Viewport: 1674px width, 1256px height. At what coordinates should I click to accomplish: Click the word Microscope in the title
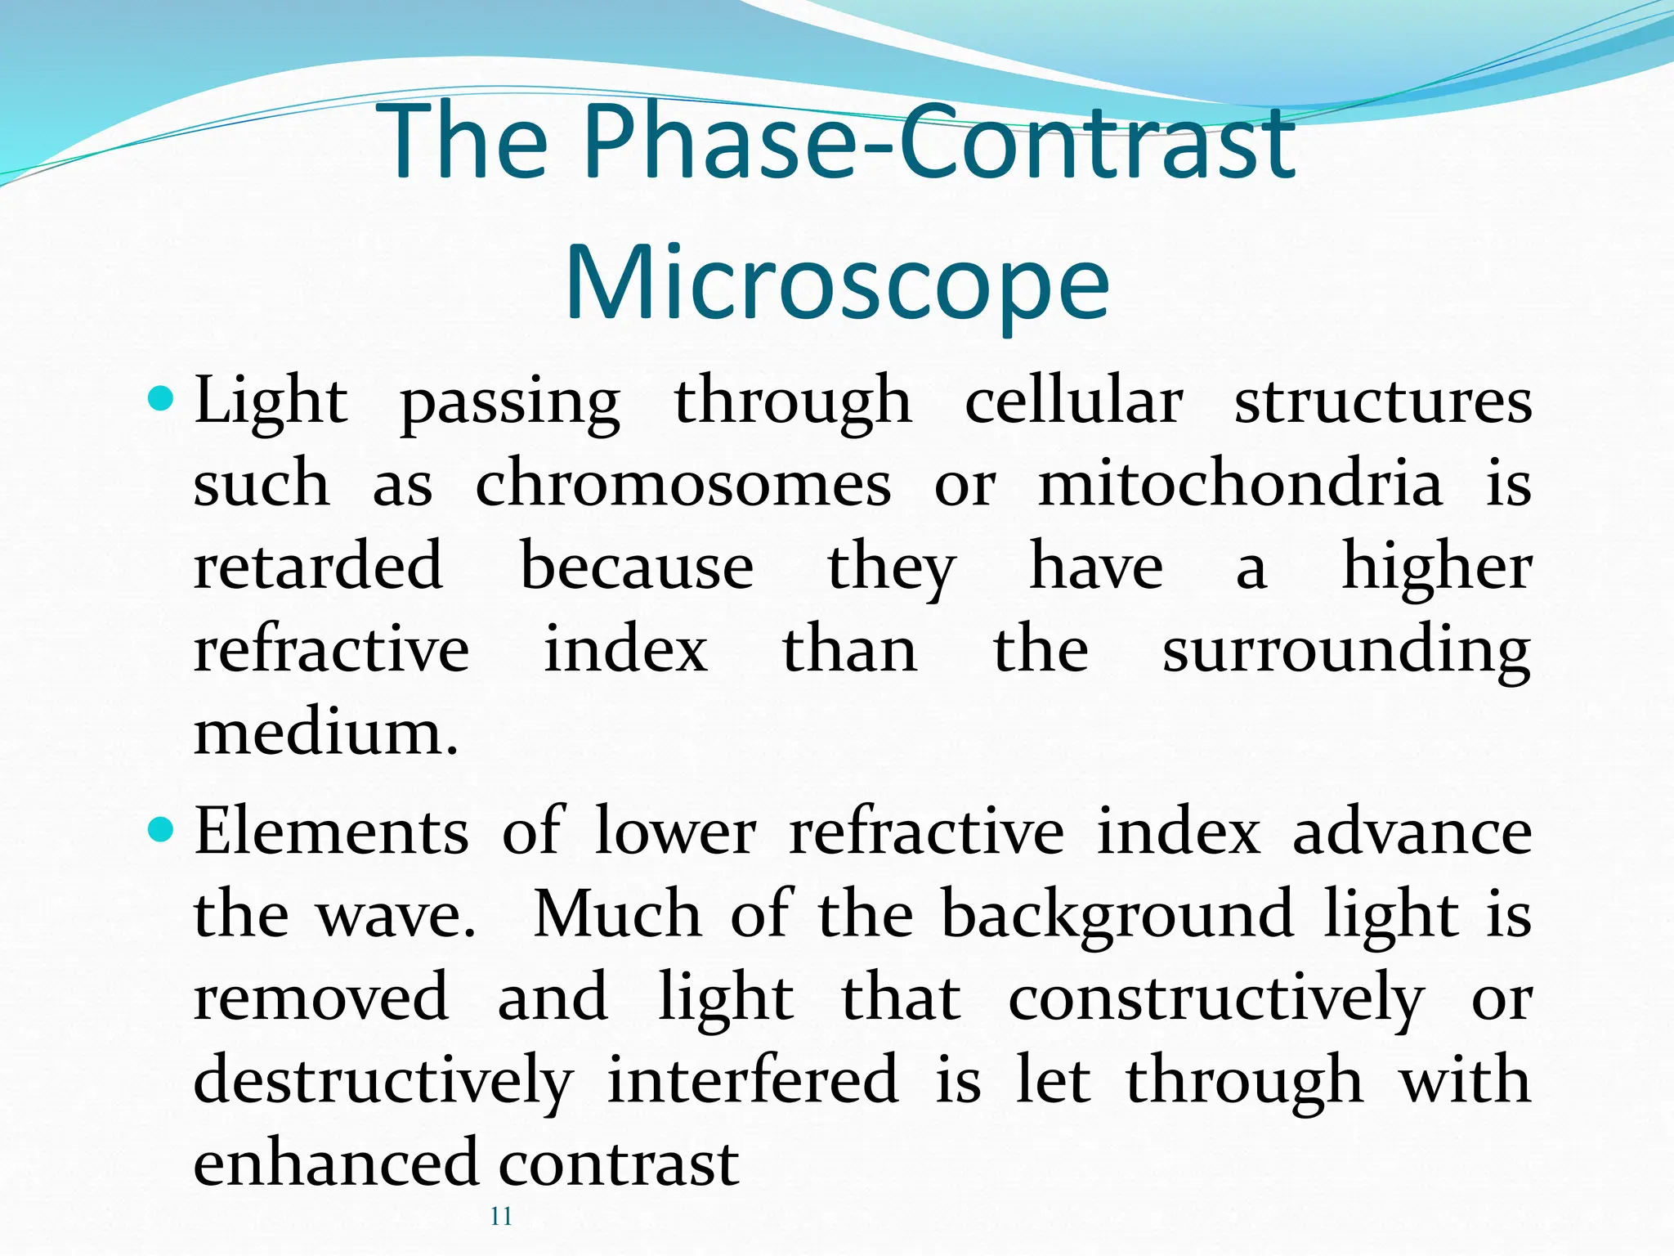(837, 282)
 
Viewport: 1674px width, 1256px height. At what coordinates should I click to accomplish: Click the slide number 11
(501, 1217)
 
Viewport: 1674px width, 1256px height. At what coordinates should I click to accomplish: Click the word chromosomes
(683, 484)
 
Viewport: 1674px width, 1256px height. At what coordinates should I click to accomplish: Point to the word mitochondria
(1240, 484)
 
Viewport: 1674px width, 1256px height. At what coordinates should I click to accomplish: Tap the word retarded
(319, 566)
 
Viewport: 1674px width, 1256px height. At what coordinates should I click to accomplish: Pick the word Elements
(331, 832)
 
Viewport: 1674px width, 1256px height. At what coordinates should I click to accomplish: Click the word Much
(617, 915)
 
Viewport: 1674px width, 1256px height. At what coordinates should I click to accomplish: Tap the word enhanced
(335, 1163)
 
